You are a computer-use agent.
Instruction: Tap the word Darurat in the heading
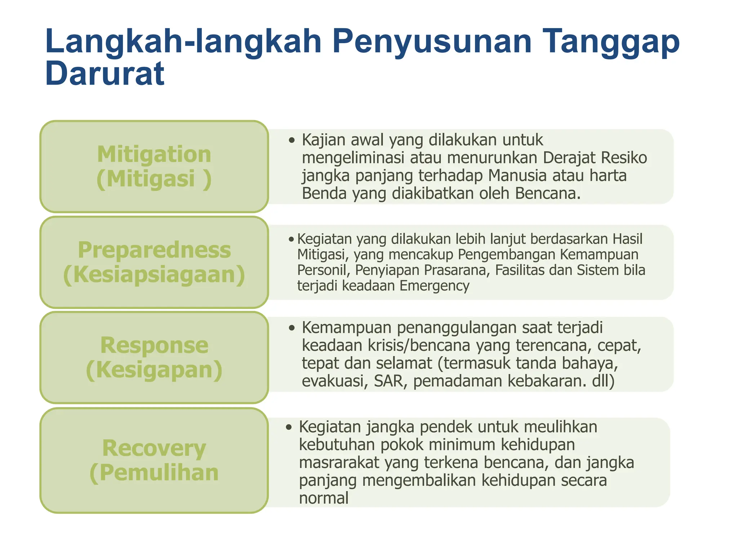pos(105,74)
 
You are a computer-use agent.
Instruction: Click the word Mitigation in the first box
pos(154,154)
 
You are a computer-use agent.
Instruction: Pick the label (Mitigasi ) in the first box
pos(154,179)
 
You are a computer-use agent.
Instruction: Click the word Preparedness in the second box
pos(154,250)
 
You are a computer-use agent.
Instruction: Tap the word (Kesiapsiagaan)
pos(154,274)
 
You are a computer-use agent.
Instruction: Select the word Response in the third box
pos(154,345)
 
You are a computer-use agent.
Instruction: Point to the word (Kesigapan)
pos(154,370)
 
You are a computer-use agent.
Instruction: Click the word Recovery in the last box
pos(154,448)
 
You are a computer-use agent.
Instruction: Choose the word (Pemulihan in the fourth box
pos(154,473)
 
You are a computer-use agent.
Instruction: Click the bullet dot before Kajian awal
pos(292,140)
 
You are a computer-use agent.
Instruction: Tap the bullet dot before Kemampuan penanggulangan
pos(292,328)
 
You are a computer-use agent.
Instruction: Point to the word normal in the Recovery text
pos(324,498)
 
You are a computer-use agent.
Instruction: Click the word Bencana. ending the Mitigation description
pos(548,194)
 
